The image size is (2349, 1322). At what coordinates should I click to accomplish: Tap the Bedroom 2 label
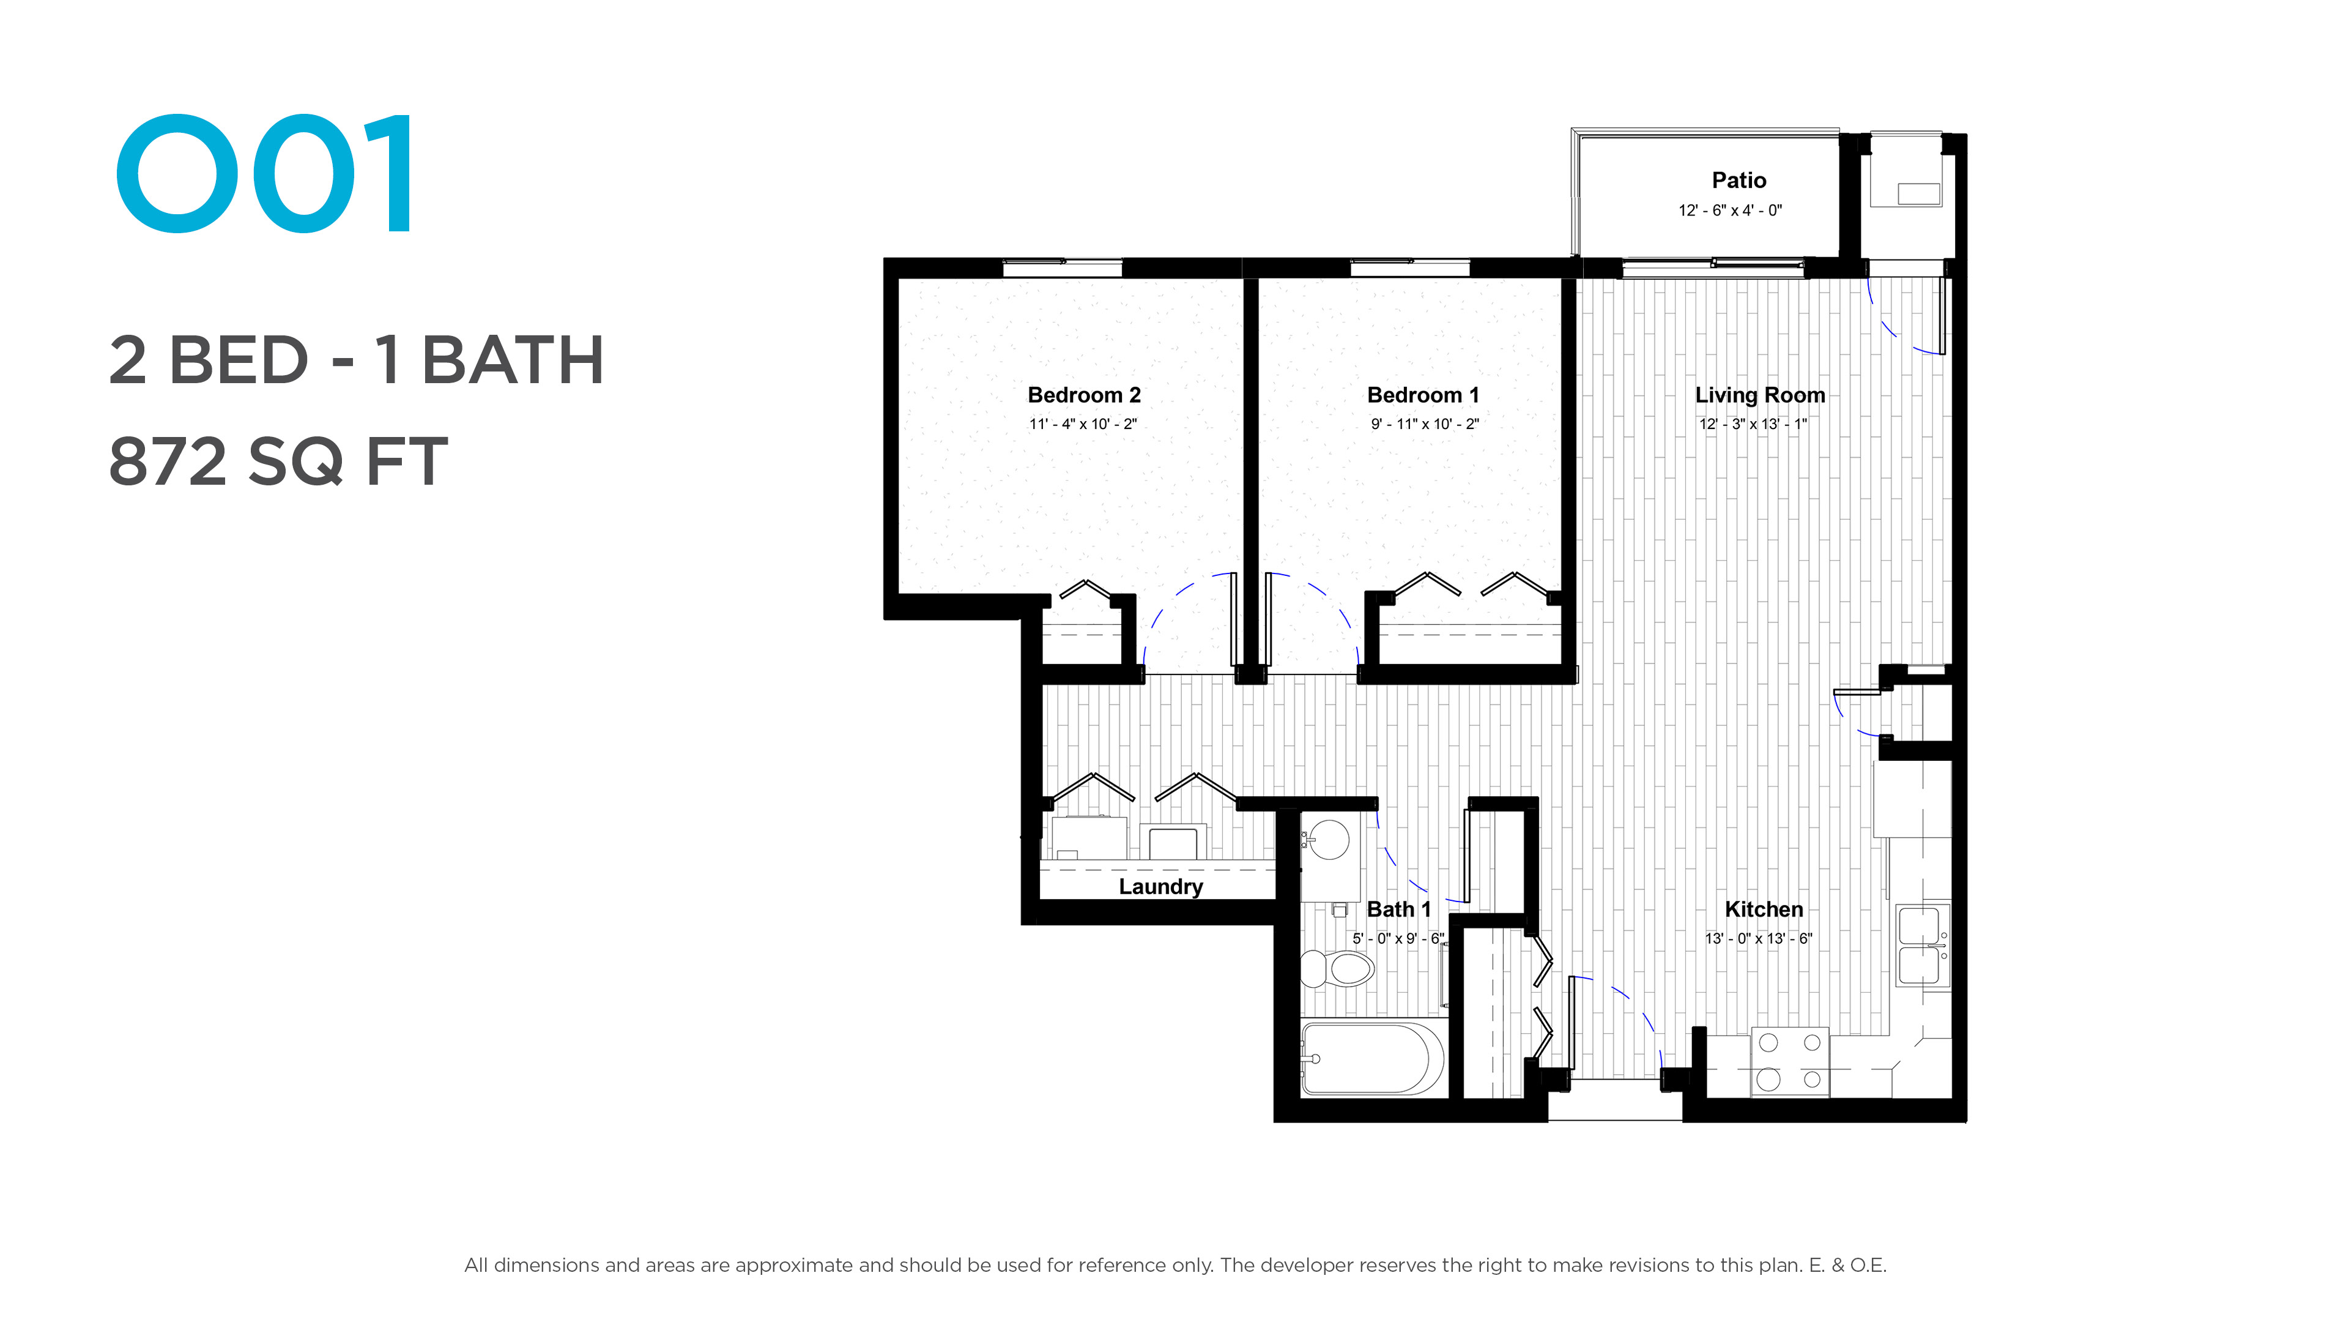pos(1083,395)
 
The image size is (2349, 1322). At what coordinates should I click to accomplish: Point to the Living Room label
pos(1760,395)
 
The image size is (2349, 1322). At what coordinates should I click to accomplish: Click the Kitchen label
pos(1764,909)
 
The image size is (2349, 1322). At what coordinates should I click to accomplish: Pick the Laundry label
pos(1161,887)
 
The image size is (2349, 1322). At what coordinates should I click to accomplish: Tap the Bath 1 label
pos(1399,909)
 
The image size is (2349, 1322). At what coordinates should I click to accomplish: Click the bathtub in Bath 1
pos(1372,1058)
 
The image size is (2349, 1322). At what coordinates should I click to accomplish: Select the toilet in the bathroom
pos(1337,968)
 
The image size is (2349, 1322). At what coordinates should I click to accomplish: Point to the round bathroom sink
pos(1329,839)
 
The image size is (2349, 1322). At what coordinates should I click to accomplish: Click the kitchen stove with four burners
pos(1789,1061)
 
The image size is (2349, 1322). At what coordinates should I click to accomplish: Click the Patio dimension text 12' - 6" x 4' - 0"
pos(1730,211)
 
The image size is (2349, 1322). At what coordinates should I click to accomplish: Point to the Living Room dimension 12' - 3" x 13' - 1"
pos(1753,424)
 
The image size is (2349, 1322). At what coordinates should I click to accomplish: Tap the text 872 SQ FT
pos(278,461)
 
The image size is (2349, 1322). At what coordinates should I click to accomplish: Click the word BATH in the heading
pos(513,359)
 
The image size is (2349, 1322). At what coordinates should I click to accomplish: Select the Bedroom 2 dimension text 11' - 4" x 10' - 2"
pos(1083,424)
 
